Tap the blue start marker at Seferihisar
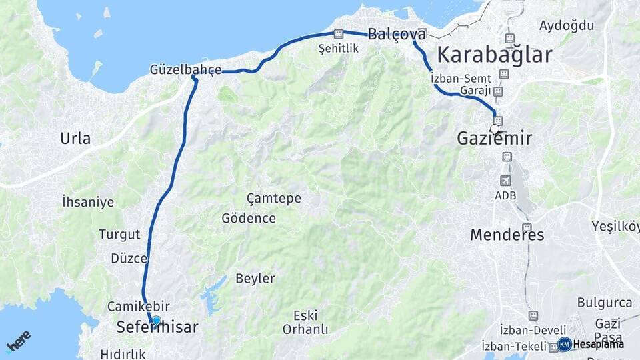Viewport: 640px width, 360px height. click(156, 321)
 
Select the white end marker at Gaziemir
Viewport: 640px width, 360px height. click(495, 129)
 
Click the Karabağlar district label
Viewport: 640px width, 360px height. click(494, 55)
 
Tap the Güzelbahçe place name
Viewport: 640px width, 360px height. click(185, 69)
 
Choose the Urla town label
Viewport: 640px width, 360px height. click(75, 139)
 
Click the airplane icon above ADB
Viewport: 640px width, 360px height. click(506, 181)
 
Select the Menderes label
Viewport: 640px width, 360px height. click(507, 235)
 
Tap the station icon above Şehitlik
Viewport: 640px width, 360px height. click(338, 34)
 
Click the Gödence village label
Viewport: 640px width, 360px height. click(249, 218)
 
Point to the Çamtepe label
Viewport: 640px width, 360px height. click(273, 198)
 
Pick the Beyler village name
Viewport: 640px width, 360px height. click(255, 278)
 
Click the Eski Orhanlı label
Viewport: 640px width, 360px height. click(305, 322)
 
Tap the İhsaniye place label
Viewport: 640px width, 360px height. click(87, 202)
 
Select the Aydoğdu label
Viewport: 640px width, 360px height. click(566, 25)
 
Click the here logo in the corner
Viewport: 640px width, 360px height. click(18, 341)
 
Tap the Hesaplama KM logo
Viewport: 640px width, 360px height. click(590, 344)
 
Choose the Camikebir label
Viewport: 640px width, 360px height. click(138, 306)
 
